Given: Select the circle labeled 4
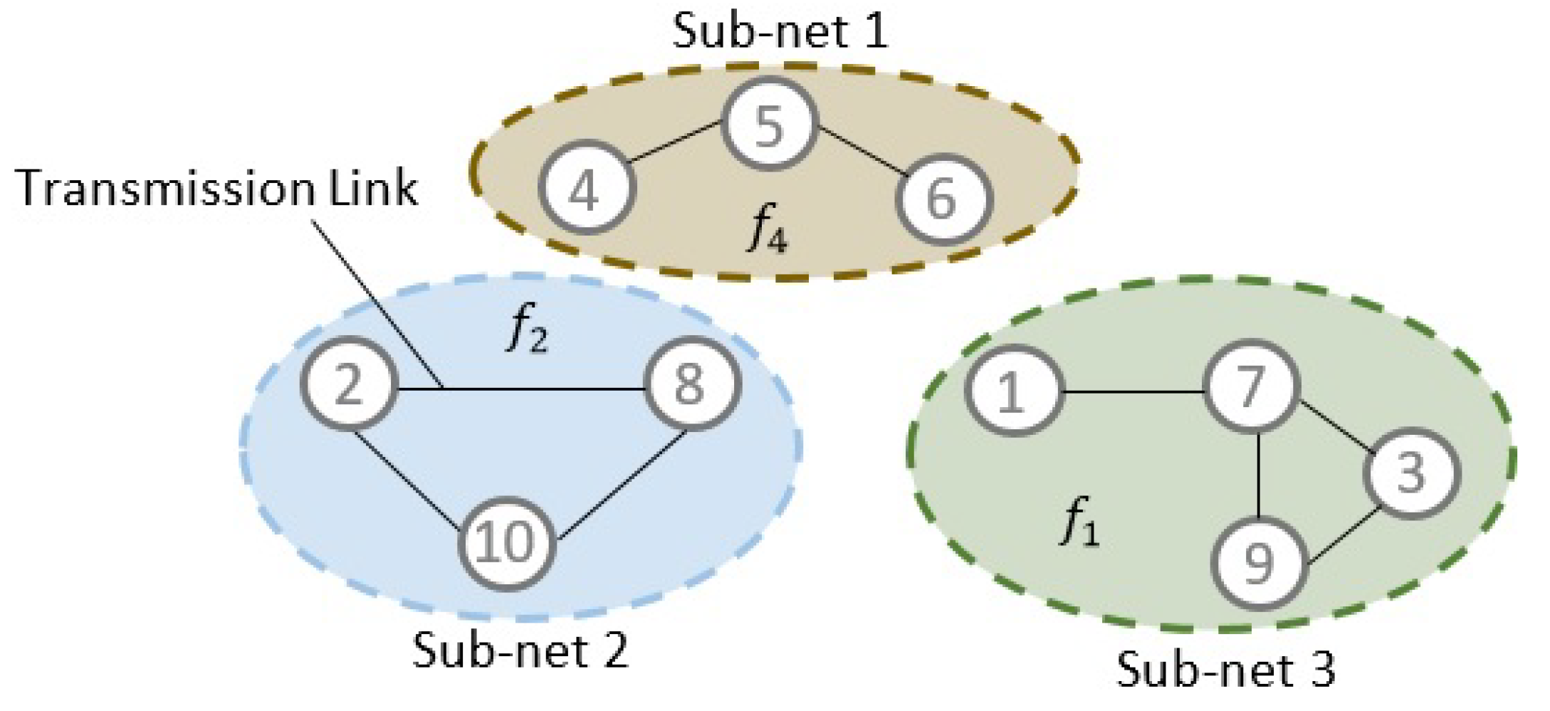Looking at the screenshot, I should [x=585, y=188].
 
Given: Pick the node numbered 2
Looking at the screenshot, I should [x=348, y=384].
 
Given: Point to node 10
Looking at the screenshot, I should [x=506, y=542].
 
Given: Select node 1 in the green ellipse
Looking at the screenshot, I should [x=1012, y=391].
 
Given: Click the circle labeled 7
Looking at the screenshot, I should [x=1251, y=387].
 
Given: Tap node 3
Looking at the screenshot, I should [x=1410, y=473].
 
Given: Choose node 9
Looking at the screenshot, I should [x=1260, y=563].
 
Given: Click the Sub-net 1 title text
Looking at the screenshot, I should [x=780, y=32].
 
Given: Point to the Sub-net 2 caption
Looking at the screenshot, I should [x=520, y=650].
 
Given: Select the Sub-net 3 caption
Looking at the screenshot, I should [x=1225, y=670].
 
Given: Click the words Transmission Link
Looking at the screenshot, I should [x=216, y=189].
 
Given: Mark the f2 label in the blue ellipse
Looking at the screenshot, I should [x=528, y=332].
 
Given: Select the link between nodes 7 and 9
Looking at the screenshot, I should [x=1259, y=475].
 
